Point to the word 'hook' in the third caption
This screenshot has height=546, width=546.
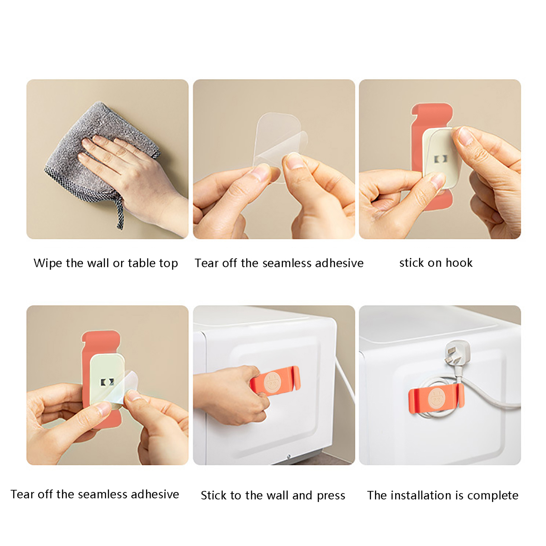click(x=459, y=263)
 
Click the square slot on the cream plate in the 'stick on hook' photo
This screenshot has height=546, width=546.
click(x=440, y=159)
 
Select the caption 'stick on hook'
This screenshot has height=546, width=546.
click(x=436, y=263)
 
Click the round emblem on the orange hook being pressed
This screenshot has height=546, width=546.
click(x=272, y=382)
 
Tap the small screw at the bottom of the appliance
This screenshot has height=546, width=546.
click(x=289, y=456)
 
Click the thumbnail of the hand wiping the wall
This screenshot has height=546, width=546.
click(x=107, y=159)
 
